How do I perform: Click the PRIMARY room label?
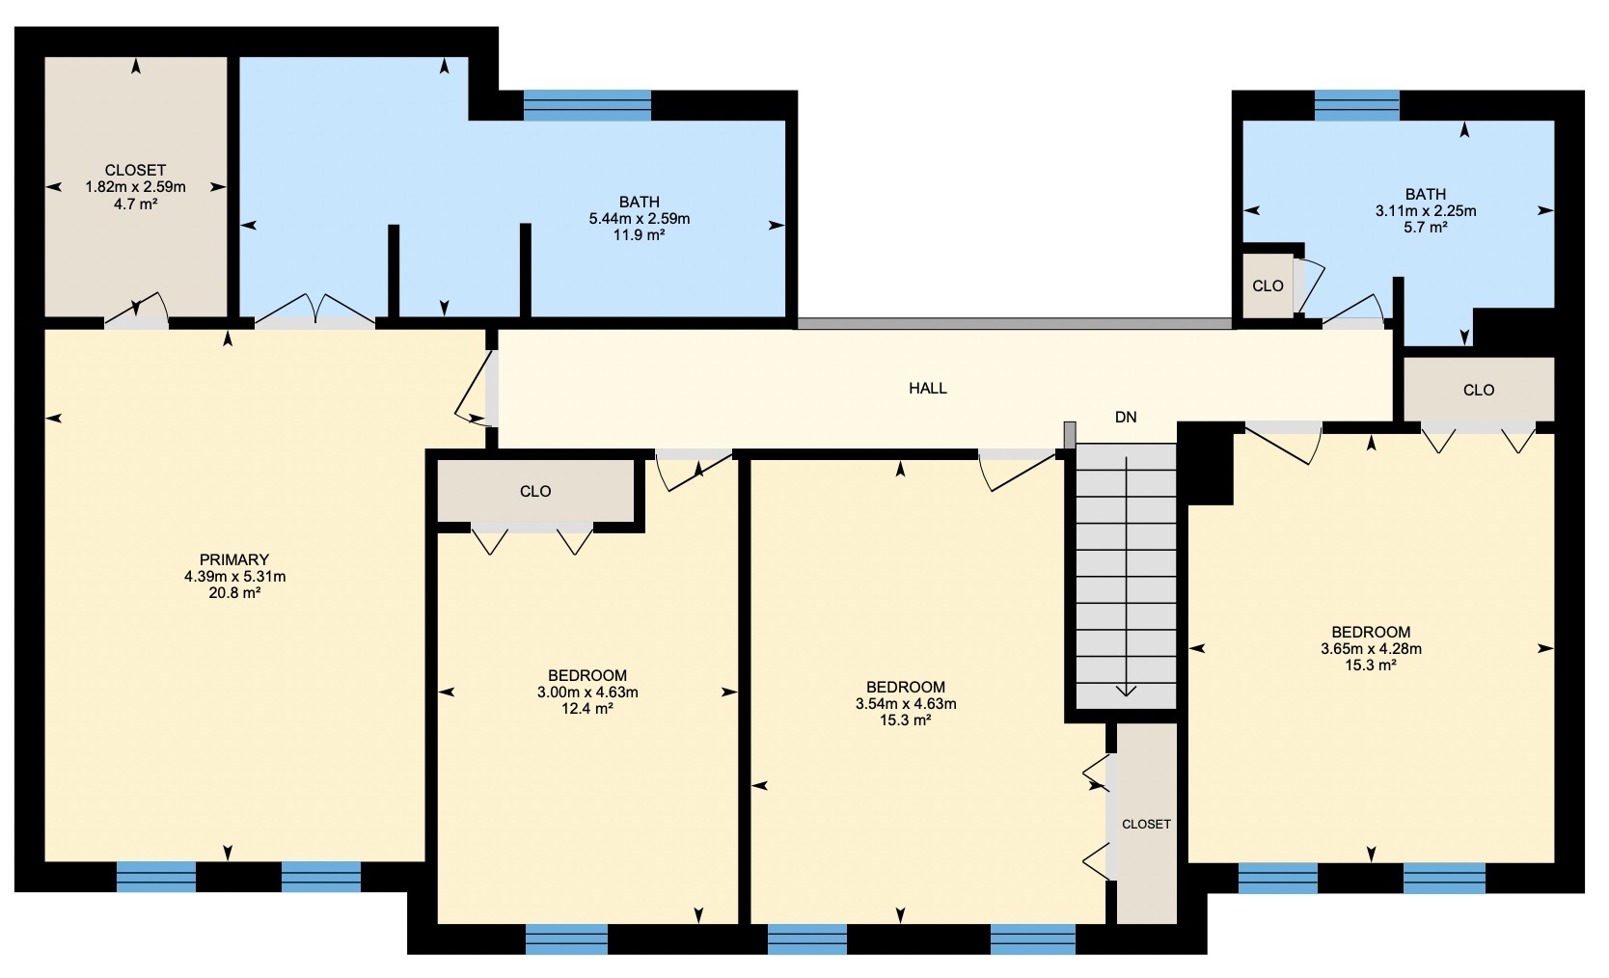pos(234,559)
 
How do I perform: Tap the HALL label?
pos(928,389)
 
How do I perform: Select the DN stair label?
pos(1126,418)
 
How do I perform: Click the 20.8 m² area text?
pos(234,593)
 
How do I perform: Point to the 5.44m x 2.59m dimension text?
pos(640,218)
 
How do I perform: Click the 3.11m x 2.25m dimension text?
pos(1426,211)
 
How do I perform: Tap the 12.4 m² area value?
pos(586,709)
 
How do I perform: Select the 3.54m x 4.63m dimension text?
pos(905,704)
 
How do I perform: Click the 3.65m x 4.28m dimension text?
pos(1371,648)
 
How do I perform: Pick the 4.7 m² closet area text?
pos(135,204)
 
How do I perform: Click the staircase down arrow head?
pos(1126,691)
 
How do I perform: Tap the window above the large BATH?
pos(586,105)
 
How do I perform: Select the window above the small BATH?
pos(1357,105)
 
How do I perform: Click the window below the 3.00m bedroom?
pos(567,939)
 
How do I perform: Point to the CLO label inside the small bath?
pos(1268,285)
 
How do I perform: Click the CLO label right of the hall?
pos(1478,390)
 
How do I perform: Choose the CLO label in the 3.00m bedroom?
pos(535,491)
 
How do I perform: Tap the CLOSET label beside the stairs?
pos(1146,825)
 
